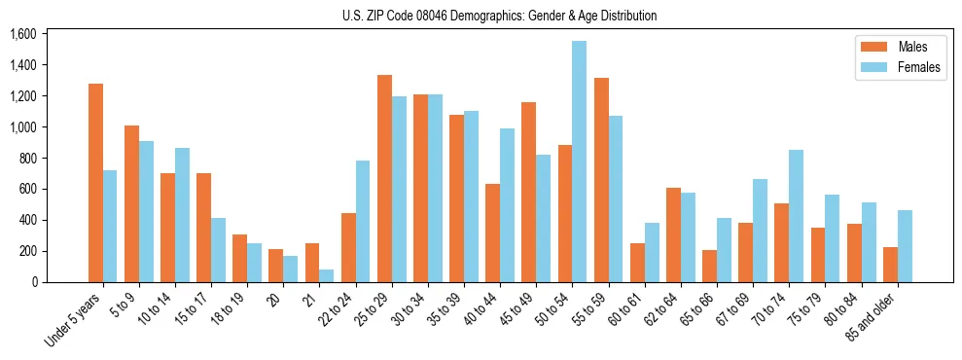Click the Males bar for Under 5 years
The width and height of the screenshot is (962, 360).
point(95,183)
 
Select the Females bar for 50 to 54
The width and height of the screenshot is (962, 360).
point(580,162)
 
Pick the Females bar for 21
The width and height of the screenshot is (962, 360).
point(327,275)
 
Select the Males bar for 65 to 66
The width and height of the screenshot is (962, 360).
point(709,266)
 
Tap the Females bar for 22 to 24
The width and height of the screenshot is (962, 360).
point(363,221)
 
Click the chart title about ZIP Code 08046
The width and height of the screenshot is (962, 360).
point(499,16)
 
